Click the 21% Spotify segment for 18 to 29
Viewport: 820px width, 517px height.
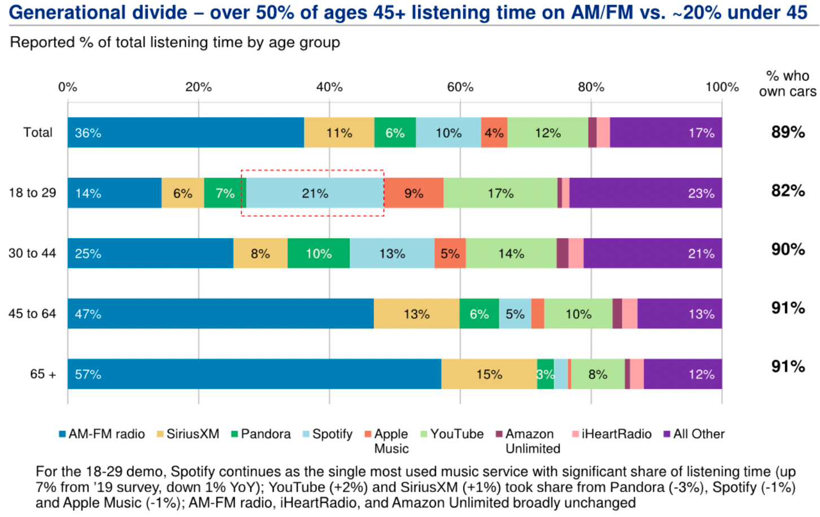click(x=315, y=193)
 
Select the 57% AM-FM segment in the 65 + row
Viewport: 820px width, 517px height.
click(x=254, y=374)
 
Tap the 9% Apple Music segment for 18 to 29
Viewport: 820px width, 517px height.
click(x=413, y=193)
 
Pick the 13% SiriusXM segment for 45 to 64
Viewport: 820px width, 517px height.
click(x=416, y=314)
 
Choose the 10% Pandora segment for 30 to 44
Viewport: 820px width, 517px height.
click(x=319, y=253)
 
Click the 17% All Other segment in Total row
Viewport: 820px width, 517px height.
click(x=665, y=133)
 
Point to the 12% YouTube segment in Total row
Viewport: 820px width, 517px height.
click(x=547, y=133)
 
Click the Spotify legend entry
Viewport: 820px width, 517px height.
click(x=328, y=434)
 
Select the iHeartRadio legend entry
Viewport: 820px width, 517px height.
click(x=612, y=434)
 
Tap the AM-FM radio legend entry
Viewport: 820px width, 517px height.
click(x=102, y=434)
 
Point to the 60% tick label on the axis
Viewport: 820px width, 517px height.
click(x=460, y=87)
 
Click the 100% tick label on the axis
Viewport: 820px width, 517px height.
click(x=722, y=87)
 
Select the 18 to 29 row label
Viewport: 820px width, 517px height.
click(x=32, y=192)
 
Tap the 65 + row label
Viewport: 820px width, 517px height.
click(x=43, y=374)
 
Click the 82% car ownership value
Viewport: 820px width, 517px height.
click(x=788, y=191)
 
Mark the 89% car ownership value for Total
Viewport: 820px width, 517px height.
click(x=788, y=132)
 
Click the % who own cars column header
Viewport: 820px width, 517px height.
click(x=787, y=84)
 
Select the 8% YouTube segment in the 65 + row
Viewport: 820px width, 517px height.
click(x=597, y=374)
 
